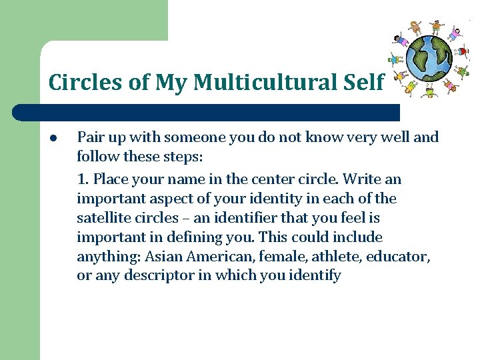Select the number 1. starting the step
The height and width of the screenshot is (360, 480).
coord(83,179)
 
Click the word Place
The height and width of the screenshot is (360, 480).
coord(111,179)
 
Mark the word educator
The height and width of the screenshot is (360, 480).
coord(403,257)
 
